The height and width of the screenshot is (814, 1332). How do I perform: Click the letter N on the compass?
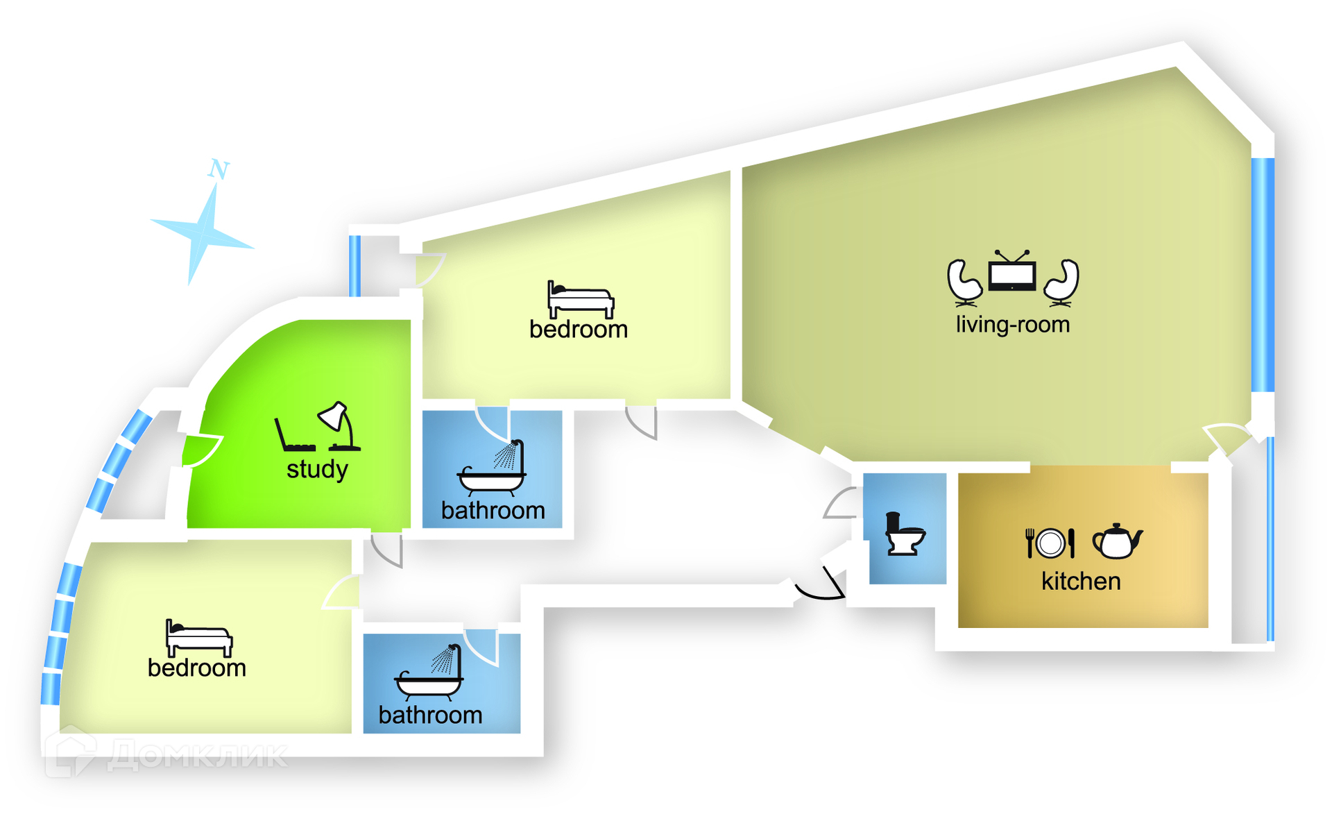coord(219,169)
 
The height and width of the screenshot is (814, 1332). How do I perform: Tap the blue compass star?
coord(202,232)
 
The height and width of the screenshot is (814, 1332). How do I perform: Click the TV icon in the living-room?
coord(1012,271)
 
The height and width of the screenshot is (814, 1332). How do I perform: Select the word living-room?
coord(1012,324)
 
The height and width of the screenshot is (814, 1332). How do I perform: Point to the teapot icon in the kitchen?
coord(1116,541)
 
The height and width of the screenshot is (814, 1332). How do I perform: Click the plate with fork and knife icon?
coord(1050,543)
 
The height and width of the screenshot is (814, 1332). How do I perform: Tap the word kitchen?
coord(1081,581)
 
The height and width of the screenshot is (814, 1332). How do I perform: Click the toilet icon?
coord(903,534)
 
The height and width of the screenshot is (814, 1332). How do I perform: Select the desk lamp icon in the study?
coord(339,425)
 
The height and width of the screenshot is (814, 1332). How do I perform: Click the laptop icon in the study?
coord(293,436)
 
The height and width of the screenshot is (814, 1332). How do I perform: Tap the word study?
coord(317,469)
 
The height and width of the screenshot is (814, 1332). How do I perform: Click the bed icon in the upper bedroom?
coord(580,299)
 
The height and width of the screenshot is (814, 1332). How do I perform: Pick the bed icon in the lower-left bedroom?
coord(198,638)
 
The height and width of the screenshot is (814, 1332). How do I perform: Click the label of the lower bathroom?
coord(430,715)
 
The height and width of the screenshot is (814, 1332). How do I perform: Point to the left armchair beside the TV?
coord(964,282)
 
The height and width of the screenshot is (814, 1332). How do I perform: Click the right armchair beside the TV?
coord(1061,282)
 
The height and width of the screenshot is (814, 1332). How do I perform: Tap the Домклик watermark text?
coord(198,755)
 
